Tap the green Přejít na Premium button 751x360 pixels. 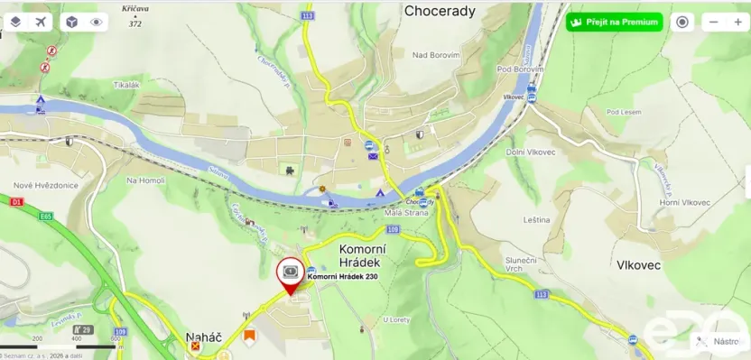[x=615, y=22]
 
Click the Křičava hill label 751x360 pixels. [x=135, y=7]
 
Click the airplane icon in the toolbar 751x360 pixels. [x=42, y=22]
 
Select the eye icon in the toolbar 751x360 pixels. [x=96, y=22]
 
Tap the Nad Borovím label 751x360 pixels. [x=436, y=55]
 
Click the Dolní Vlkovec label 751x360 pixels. [x=532, y=152]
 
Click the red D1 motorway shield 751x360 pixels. [x=17, y=203]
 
